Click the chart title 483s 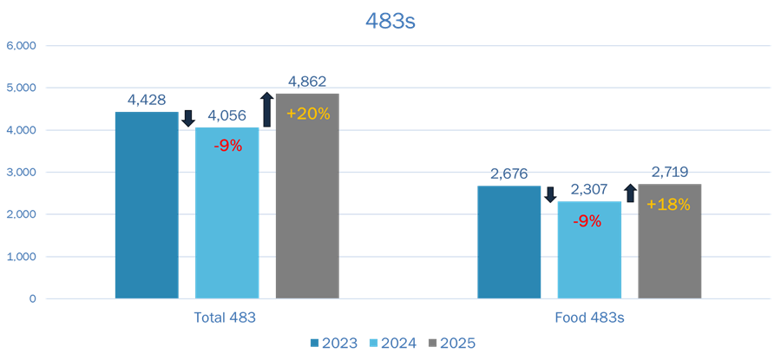pyautogui.click(x=390, y=21)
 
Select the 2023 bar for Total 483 pyautogui.click(x=147, y=205)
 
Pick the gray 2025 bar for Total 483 pyautogui.click(x=307, y=195)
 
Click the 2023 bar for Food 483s pyautogui.click(x=509, y=242)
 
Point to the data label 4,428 pyautogui.click(x=147, y=101)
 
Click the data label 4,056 pyautogui.click(x=227, y=115)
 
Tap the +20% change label pyautogui.click(x=308, y=114)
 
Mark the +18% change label pyautogui.click(x=668, y=206)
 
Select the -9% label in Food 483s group pyautogui.click(x=587, y=221)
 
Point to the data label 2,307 pyautogui.click(x=589, y=189)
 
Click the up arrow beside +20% pyautogui.click(x=267, y=108)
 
